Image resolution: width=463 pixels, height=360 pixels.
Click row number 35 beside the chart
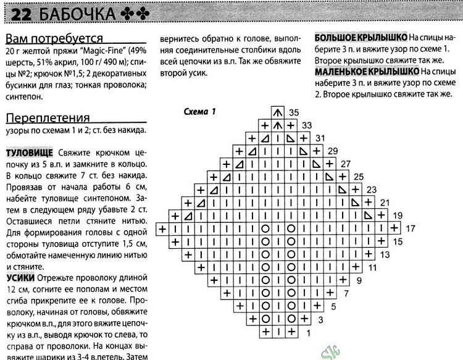point(294,112)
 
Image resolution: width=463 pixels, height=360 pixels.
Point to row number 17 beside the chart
point(411,228)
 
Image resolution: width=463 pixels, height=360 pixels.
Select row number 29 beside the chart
point(332,151)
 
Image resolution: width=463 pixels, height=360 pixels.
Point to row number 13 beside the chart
point(385,254)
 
